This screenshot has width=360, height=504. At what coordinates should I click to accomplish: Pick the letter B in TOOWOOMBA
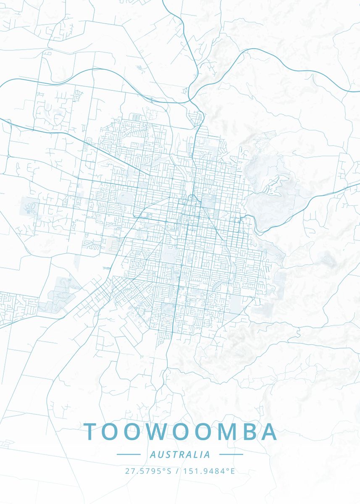tap(247, 432)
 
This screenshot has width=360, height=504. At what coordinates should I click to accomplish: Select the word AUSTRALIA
tap(180, 454)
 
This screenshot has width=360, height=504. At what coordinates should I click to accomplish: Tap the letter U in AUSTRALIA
tap(160, 454)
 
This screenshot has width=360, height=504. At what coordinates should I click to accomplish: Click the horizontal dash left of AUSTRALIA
tap(129, 454)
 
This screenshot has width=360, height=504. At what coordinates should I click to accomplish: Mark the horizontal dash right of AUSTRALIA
tap(231, 454)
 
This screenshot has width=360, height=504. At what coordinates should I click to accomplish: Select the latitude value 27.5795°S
tap(148, 471)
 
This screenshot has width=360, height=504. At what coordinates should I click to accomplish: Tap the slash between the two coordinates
tap(178, 471)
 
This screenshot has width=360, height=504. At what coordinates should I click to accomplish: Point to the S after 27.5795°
tap(169, 471)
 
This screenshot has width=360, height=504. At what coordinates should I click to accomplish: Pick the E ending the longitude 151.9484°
tap(232, 471)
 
